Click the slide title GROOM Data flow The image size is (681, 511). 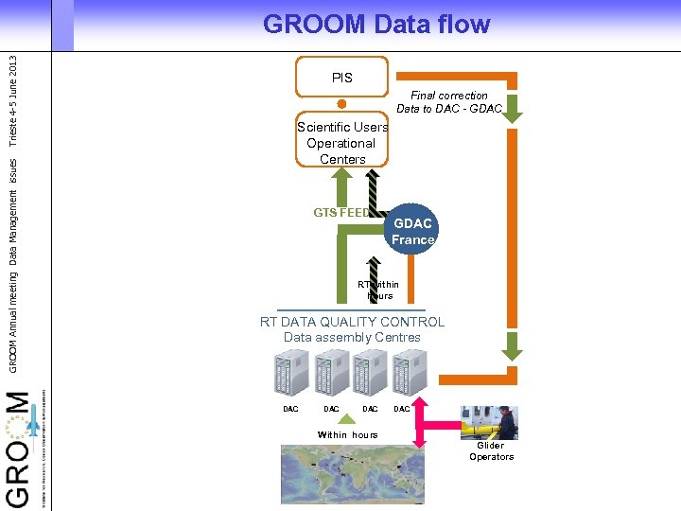376,24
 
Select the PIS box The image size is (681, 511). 341,78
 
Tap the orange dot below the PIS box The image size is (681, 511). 342,104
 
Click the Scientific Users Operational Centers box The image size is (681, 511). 342,143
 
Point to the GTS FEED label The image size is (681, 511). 341,213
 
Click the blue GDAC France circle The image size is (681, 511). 412,232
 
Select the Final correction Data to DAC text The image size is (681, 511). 449,102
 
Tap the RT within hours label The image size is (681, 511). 378,290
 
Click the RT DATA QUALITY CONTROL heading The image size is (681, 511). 352,322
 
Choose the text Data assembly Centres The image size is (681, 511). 352,337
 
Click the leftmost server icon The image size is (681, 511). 290,373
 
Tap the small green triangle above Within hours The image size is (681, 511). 348,421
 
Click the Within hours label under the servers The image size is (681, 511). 347,435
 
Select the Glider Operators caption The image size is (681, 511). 491,451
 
